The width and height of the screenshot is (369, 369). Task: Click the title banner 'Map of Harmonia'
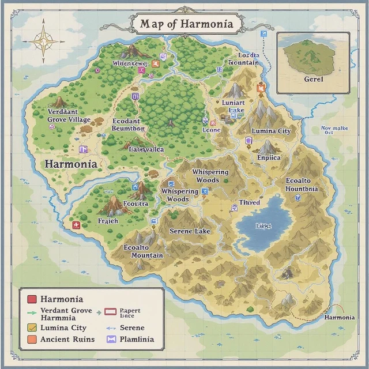[x=186, y=24]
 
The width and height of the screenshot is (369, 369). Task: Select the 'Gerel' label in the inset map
[x=313, y=79]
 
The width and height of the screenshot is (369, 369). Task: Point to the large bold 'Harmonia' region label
[x=70, y=164]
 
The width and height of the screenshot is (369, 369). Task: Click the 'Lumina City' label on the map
[x=271, y=131]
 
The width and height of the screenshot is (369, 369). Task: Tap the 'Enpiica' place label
[x=269, y=157]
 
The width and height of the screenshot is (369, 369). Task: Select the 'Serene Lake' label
[x=190, y=231]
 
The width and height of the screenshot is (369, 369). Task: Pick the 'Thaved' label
[x=249, y=202]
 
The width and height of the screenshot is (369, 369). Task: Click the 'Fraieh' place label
[x=108, y=220]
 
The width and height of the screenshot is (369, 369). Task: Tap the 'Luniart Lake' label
[x=233, y=106]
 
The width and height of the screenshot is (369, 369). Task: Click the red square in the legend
[x=32, y=299]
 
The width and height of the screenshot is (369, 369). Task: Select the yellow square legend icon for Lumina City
[x=32, y=327]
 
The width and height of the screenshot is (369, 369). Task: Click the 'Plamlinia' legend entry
[x=137, y=339]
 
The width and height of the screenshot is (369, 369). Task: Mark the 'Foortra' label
[x=135, y=204]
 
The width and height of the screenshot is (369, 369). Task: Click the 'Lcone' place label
[x=212, y=130]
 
